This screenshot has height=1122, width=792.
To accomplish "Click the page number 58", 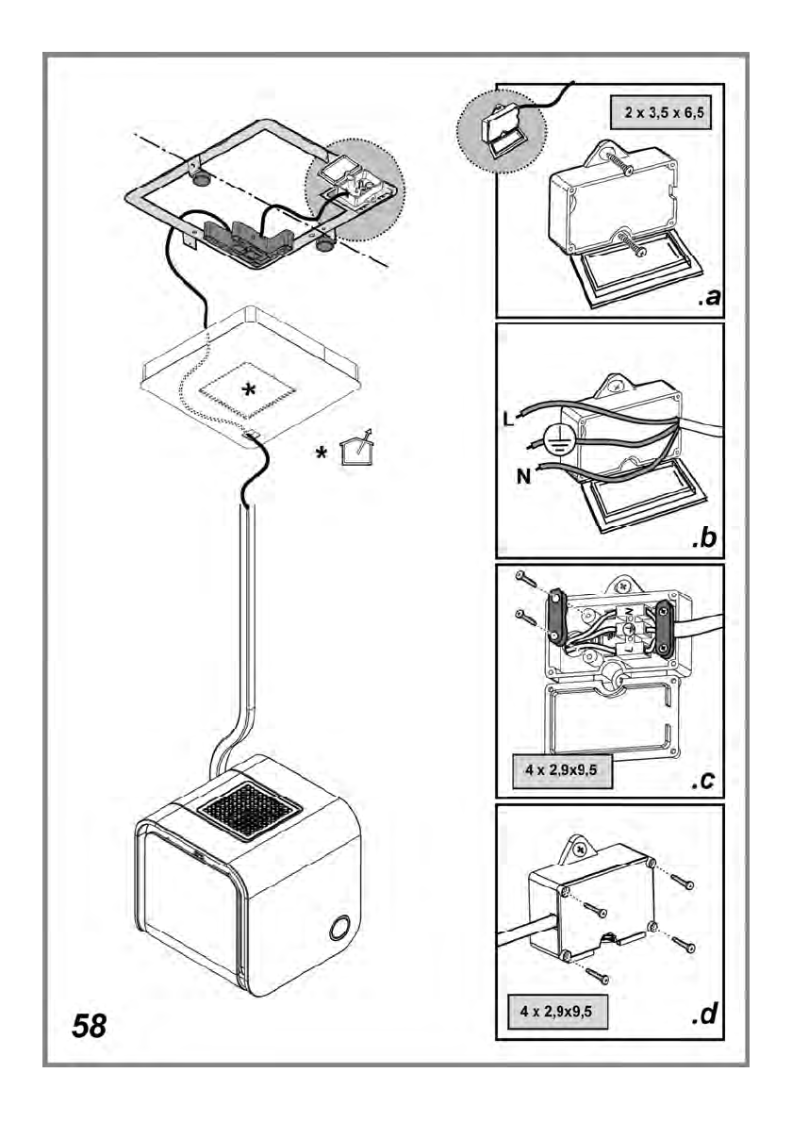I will tap(90, 1024).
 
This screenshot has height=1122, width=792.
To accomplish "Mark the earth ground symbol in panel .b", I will tap(557, 439).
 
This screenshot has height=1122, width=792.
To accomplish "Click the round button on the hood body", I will tap(338, 929).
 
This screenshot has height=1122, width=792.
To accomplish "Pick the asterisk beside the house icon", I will tap(322, 455).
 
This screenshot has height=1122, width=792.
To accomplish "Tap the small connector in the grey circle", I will tap(500, 130).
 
